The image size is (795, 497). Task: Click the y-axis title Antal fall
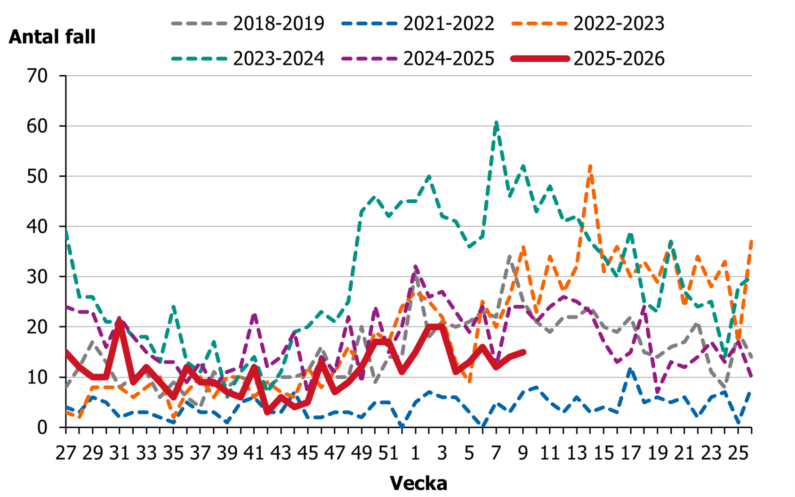click(x=52, y=37)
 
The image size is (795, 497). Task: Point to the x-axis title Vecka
click(x=418, y=483)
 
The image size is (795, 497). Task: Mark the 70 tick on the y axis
click(x=38, y=76)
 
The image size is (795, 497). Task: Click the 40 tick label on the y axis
click(x=38, y=227)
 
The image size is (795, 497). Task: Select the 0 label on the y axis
click(x=43, y=427)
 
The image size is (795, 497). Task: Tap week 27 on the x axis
click(x=66, y=453)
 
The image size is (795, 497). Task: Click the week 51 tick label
click(x=388, y=453)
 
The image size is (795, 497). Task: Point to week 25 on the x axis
click(x=738, y=453)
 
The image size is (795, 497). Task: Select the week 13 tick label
click(x=577, y=453)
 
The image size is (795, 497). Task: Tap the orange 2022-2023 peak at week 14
click(x=590, y=166)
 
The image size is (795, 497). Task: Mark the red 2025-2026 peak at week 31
click(x=120, y=322)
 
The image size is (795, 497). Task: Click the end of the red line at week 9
click(x=523, y=352)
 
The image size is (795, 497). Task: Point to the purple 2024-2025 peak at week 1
click(x=416, y=267)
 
